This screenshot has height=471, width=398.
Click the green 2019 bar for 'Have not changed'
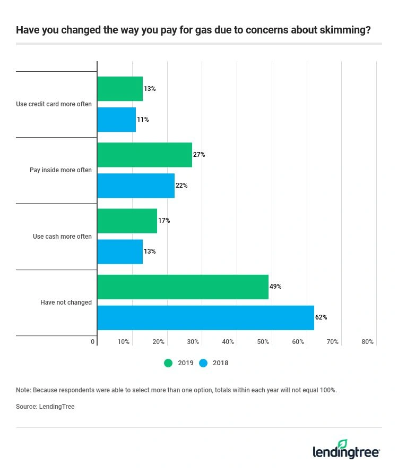[x=183, y=287]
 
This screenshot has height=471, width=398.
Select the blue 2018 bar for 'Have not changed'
[x=205, y=317]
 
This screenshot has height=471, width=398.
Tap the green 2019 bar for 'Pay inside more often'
[x=144, y=155]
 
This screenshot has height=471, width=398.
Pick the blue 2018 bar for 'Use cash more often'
[x=120, y=251]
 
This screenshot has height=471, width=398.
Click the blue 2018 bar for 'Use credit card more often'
[x=116, y=120]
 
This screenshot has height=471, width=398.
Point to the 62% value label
[x=321, y=317]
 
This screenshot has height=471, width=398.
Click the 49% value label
[x=275, y=287]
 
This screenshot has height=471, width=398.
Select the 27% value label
[x=199, y=155]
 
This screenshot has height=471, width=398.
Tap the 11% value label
[x=143, y=120]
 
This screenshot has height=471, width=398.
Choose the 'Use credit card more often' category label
[x=54, y=104]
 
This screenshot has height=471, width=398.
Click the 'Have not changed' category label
[x=66, y=302]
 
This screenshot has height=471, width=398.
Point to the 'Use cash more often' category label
[x=62, y=237]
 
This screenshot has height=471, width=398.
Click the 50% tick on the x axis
[x=263, y=342]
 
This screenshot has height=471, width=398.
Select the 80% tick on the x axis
[x=367, y=342]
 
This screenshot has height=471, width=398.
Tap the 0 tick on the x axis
[x=93, y=342]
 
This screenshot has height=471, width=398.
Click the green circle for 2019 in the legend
[x=169, y=363]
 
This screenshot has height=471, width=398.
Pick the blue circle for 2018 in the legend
[x=203, y=363]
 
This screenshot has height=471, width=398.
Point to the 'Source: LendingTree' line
[x=45, y=407]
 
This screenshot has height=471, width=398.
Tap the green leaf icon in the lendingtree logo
[x=342, y=444]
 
